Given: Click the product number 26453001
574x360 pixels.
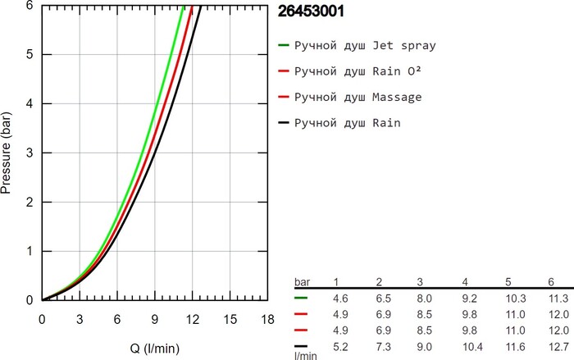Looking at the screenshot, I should click(312, 12).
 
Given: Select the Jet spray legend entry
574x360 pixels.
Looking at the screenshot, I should click(364, 46).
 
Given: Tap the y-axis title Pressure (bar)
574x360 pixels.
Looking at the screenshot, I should click(7, 153).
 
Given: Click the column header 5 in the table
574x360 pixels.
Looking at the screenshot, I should click(509, 282).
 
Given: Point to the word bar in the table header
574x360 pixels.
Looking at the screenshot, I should click(303, 282).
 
